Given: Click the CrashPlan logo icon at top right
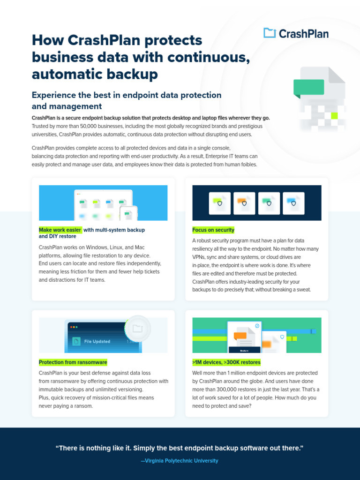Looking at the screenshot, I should pyautogui.click(x=270, y=33).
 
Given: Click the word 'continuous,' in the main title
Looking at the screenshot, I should pyautogui.click(x=211, y=57).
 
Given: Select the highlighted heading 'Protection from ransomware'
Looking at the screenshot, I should pyautogui.click(x=73, y=362).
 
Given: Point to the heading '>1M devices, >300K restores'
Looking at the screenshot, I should pyautogui.click(x=226, y=362).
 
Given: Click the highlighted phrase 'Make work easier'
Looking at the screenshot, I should pyautogui.click(x=60, y=230).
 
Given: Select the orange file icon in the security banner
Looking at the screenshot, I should pyautogui.click(x=244, y=203).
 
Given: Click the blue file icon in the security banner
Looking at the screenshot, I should pyautogui.click(x=293, y=203).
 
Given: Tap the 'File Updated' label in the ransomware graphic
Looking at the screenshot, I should pyautogui.click(x=97, y=342).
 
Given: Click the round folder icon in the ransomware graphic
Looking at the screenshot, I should pyautogui.click(x=137, y=329).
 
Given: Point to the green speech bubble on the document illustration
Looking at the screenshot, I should pyautogui.click(x=308, y=87).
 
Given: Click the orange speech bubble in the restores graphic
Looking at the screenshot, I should pyautogui.click(x=240, y=336).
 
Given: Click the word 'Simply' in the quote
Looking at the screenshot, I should pyautogui.click(x=167, y=449).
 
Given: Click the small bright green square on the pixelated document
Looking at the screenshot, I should pyautogui.click(x=334, y=115).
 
